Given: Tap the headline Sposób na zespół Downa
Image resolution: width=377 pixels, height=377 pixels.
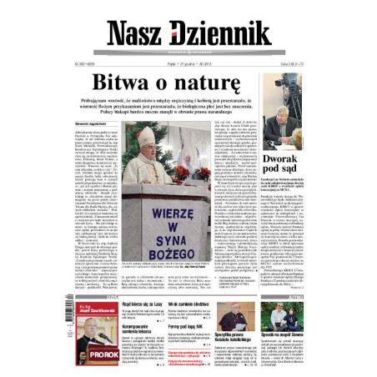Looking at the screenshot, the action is [288, 337].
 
